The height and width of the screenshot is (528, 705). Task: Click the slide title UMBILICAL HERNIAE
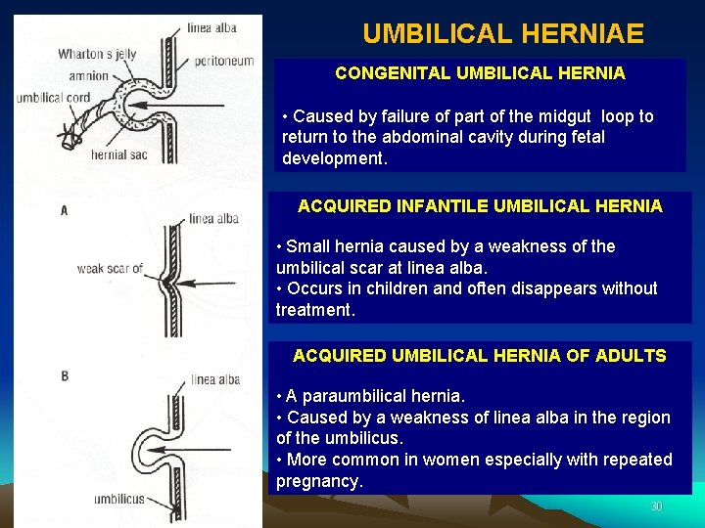pos(503,34)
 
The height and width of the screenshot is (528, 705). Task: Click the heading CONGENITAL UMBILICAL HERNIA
pos(480,73)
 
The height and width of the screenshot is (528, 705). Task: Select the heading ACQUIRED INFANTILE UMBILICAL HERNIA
pos(480,206)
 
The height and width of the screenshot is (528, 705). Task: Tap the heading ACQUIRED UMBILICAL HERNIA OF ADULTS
pos(480,356)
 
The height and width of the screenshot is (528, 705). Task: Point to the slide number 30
pos(656,506)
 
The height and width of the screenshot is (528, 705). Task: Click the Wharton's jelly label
pos(96,54)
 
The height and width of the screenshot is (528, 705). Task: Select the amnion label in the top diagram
pos(89,75)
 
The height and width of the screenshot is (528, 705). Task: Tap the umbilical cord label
pos(53,98)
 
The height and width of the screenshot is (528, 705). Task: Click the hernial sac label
pos(118,154)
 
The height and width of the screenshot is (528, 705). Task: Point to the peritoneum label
pos(224,61)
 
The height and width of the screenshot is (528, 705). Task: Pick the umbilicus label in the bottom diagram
pos(119,499)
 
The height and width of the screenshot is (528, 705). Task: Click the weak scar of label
pos(110,268)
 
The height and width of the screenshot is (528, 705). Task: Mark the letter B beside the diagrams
pos(65,375)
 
